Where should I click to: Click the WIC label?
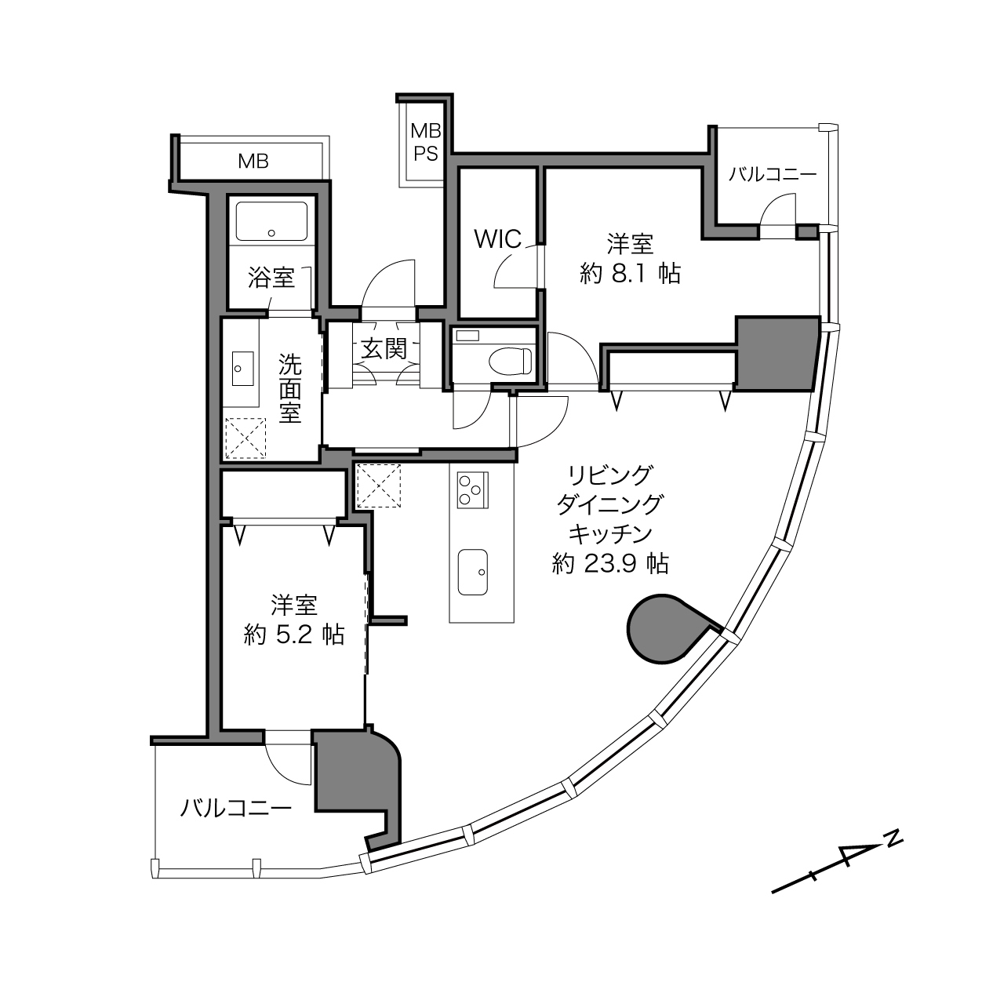tap(498, 238)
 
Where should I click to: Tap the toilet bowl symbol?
tap(510, 362)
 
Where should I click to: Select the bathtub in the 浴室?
tap(271, 221)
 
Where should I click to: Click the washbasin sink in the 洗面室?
tap(242, 368)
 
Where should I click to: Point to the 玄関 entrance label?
tap(384, 349)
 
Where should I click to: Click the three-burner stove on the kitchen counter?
tap(473, 489)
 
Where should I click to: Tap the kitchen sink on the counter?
tap(472, 572)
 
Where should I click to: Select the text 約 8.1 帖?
tap(630, 275)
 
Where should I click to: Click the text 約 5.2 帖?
tap(294, 635)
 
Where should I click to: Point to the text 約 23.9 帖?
tap(610, 564)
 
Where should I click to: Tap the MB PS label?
tap(426, 142)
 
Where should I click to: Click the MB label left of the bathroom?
tap(253, 162)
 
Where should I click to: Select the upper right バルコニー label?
tap(772, 175)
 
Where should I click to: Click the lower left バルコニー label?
tap(236, 809)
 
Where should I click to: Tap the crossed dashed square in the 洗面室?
tap(245, 438)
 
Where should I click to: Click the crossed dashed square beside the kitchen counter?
tap(379, 486)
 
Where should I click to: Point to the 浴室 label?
tap(271, 278)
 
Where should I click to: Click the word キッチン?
tap(610, 535)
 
